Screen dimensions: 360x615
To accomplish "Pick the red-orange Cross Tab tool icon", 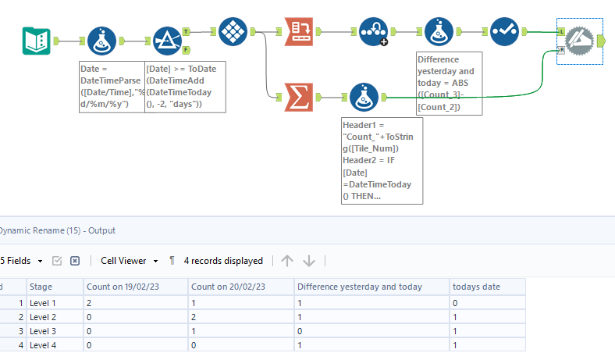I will point(300,32).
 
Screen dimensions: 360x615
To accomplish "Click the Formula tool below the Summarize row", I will point(364,97).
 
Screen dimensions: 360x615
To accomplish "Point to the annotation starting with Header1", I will point(382,160).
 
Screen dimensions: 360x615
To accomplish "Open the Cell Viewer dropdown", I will point(130,261).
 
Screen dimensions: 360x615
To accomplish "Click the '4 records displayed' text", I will point(223,261).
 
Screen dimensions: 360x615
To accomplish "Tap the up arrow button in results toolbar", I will point(286,261).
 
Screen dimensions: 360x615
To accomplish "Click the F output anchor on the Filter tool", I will point(186,49).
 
